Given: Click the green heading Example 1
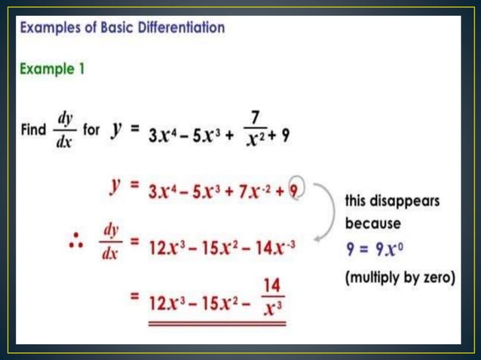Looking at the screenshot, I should click(51, 69).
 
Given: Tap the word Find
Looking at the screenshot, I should click(33, 130).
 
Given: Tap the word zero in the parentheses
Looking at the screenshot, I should click(435, 277).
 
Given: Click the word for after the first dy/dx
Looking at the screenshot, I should click(91, 130).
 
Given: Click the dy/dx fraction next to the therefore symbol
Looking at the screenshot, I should click(110, 240).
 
